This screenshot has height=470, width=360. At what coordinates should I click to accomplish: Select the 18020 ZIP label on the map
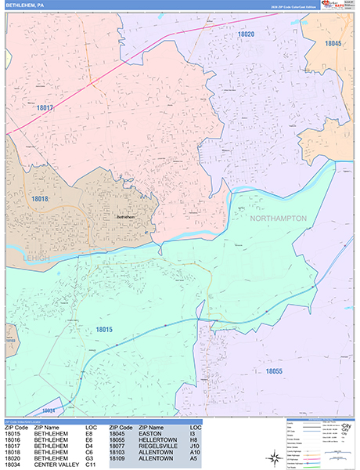pos(247,34)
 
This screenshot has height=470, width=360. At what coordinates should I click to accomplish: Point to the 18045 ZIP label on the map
pos(333,43)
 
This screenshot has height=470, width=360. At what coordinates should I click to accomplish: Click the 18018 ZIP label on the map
pos(40,200)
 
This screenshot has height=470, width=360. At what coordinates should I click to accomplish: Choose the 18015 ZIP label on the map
pos(105,330)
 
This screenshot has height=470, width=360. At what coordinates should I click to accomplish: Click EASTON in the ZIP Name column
pos(149,433)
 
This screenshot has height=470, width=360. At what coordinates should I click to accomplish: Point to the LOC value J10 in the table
pos(196,447)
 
